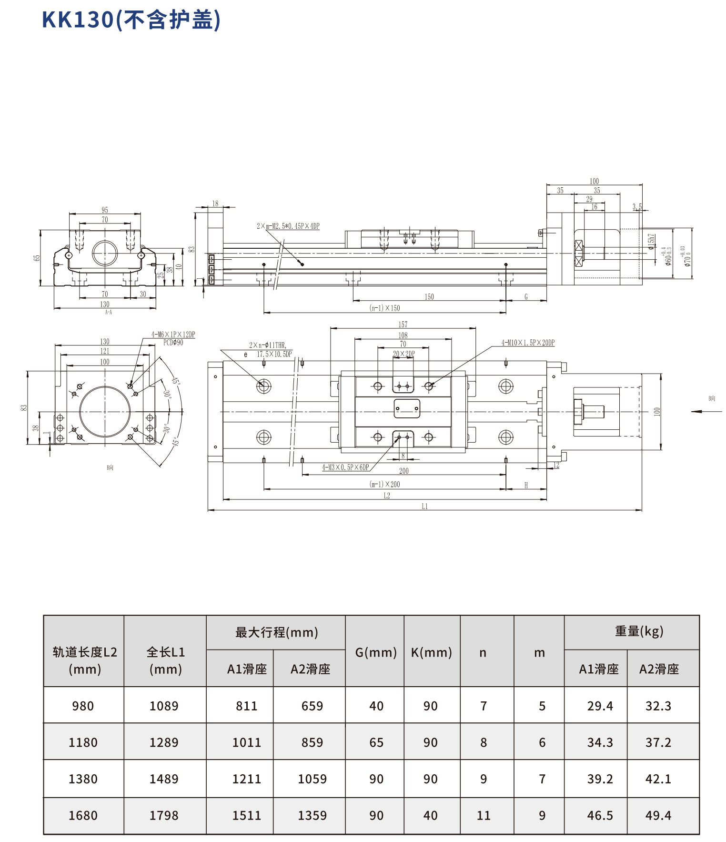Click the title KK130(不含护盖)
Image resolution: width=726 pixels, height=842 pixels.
click(x=131, y=20)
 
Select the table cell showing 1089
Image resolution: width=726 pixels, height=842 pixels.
click(x=164, y=706)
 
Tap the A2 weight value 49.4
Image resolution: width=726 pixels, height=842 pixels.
click(x=658, y=815)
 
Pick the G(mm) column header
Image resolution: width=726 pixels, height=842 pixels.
click(x=376, y=652)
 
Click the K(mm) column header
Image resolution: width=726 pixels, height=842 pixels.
click(x=432, y=652)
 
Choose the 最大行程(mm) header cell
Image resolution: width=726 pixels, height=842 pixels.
click(x=276, y=632)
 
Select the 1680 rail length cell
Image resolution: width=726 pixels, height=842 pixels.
click(x=83, y=815)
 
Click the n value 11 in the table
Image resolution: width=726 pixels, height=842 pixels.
click(x=484, y=815)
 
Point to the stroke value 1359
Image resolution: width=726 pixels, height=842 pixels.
click(x=312, y=815)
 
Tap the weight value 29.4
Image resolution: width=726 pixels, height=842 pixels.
click(x=600, y=706)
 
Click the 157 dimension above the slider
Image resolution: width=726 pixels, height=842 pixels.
click(x=403, y=325)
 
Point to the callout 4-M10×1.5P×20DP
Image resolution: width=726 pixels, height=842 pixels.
click(x=528, y=343)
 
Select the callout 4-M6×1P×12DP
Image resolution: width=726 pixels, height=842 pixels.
click(x=173, y=335)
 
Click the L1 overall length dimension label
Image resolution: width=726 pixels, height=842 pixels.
click(x=425, y=507)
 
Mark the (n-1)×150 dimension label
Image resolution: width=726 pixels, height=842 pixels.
click(x=385, y=308)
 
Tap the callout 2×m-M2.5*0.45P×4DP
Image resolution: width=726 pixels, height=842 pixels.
click(x=288, y=226)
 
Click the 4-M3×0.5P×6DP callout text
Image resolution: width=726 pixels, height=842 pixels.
click(x=345, y=467)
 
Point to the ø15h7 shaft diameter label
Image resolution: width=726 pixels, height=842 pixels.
click(x=651, y=242)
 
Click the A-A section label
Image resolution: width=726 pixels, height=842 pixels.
click(x=108, y=313)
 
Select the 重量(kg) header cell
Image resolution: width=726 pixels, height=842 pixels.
click(x=638, y=631)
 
